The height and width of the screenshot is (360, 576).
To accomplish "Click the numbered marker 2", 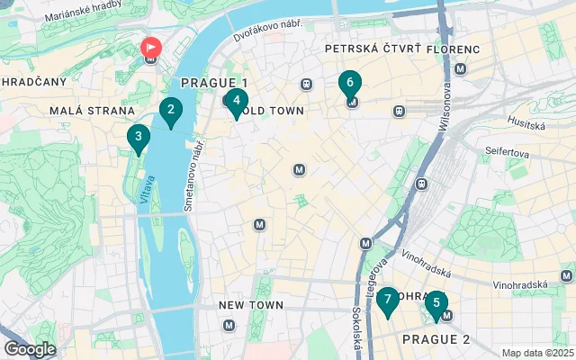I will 169,111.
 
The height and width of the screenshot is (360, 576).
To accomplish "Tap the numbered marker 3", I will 138,138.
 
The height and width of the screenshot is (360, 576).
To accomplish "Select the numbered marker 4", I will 235,101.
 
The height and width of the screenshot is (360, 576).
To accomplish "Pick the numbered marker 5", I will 436,303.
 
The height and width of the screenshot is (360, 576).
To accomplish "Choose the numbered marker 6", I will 349,83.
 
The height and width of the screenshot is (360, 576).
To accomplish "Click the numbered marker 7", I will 387,300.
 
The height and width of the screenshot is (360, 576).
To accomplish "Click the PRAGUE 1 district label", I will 214,83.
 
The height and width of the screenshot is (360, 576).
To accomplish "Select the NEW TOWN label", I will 251,306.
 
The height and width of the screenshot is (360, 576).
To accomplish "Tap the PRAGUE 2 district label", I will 436,339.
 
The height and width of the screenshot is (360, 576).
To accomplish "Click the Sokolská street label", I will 357,330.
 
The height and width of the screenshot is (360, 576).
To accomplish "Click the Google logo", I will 30,349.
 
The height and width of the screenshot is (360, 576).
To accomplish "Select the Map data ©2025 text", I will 536,353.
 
